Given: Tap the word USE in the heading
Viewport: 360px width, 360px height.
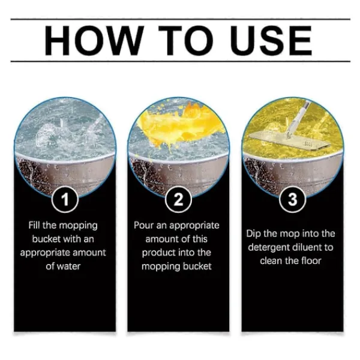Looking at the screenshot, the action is click(271, 41).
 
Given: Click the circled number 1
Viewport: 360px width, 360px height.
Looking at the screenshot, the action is click(65, 200).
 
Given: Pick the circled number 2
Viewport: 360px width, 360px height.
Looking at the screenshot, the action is click(178, 200).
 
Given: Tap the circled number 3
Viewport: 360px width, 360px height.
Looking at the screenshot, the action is click(293, 199).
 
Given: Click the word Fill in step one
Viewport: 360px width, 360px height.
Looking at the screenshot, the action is click(34, 225).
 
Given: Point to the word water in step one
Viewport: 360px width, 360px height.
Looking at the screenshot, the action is click(68, 266).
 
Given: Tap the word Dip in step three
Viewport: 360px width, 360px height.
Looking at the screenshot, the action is click(253, 234).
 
